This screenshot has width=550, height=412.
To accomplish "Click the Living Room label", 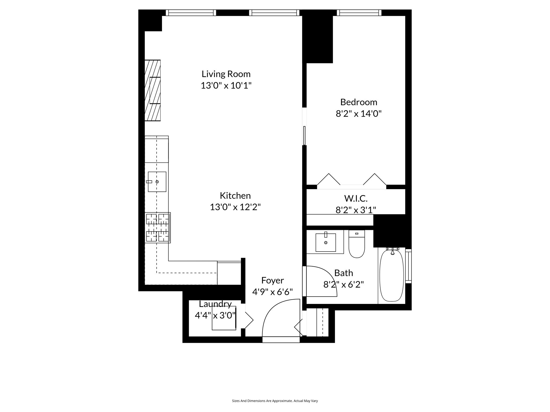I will pyautogui.click(x=226, y=74).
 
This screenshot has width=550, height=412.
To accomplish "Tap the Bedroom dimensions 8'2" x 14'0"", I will pyautogui.click(x=359, y=114).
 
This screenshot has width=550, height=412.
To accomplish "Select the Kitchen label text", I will pyautogui.click(x=235, y=196).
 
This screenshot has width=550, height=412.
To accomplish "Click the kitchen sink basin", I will pyautogui.click(x=157, y=182).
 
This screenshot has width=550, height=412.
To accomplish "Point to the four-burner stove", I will pyautogui.click(x=158, y=228).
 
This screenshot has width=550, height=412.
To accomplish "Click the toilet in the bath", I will pyautogui.click(x=357, y=244).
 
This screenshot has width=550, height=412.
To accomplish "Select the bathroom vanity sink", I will pyautogui.click(x=325, y=242).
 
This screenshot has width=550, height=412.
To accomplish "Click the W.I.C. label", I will pyautogui.click(x=356, y=198).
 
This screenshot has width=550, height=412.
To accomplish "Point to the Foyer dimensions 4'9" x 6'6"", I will pyautogui.click(x=272, y=292).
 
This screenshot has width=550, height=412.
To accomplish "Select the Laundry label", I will pyautogui.click(x=215, y=304).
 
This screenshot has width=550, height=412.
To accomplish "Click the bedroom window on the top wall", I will pyautogui.click(x=359, y=13).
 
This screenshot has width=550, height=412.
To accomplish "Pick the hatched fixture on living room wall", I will pyautogui.click(x=153, y=90).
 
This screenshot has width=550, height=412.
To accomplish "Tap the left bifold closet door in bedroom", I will pyautogui.click(x=329, y=179).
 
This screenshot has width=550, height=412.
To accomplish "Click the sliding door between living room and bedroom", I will pyautogui.click(x=304, y=135).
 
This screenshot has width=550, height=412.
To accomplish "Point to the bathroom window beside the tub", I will pyautogui.click(x=408, y=266).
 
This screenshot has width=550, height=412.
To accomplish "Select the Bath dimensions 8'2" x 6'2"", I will pyautogui.click(x=343, y=284).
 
